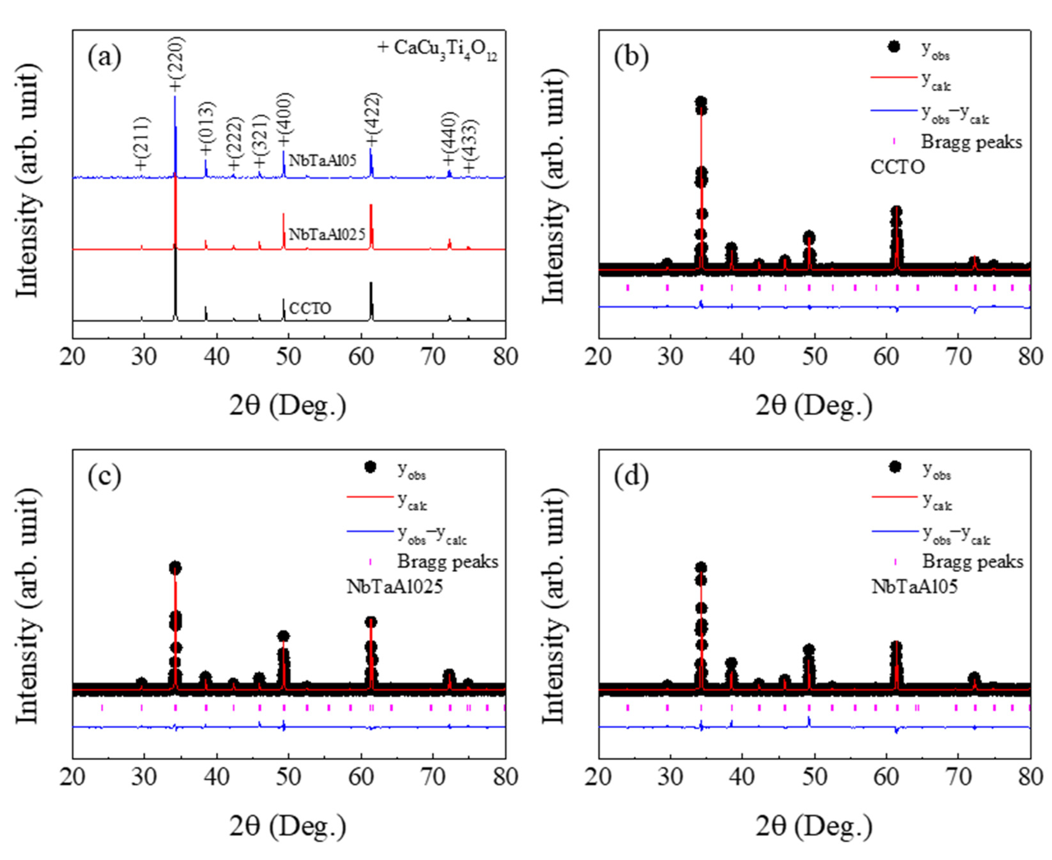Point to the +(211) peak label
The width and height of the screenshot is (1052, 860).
pos(141,144)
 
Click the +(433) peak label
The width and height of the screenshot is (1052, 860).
pos(469,146)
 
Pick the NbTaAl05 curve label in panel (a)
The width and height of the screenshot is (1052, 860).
pos(323,161)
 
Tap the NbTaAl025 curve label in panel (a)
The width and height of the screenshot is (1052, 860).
pos(327,234)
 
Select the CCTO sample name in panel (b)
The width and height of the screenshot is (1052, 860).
pos(897,168)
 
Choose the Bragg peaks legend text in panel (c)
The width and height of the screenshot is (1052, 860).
pos(447,562)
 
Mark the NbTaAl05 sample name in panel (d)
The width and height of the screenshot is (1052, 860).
pos(914,587)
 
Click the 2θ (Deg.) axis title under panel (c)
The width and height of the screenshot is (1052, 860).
pos(288,825)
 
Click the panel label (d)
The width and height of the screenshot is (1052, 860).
pos(631,477)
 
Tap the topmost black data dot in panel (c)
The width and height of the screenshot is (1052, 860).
pos(175,568)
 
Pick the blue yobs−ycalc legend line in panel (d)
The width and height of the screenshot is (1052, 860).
pos(895,531)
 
